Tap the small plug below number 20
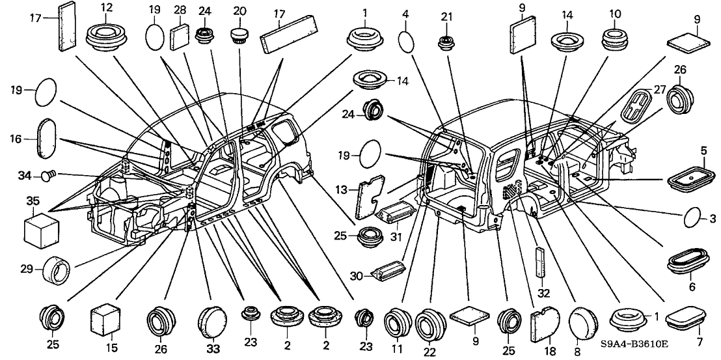click(x=240, y=33)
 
